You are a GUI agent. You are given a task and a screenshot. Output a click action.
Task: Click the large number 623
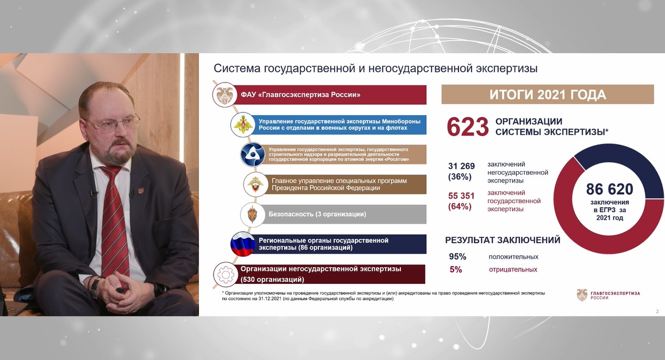[468, 127]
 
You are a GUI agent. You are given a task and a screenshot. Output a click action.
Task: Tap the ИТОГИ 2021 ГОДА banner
[548, 94]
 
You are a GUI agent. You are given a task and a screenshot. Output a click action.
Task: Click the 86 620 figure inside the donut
[610, 189]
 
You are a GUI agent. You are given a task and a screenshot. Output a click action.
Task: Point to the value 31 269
[461, 166]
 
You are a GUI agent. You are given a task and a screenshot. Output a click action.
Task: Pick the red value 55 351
[461, 196]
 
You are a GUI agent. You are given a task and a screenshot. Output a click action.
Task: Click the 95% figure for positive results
[457, 257]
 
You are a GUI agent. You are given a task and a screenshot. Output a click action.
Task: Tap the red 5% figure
[456, 269]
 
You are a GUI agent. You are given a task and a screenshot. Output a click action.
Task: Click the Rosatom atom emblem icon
[252, 154]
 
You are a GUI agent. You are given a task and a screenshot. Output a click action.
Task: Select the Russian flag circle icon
[243, 244]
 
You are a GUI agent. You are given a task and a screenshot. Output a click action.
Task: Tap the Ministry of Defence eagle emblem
[243, 125]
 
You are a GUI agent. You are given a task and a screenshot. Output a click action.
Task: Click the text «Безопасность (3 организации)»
[317, 214]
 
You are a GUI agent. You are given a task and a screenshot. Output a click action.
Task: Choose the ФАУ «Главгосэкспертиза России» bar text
[300, 95]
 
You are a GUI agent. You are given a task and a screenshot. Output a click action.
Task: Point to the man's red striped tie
[115, 223]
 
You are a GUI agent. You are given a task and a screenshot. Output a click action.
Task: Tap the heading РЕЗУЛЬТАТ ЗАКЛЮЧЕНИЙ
[503, 240]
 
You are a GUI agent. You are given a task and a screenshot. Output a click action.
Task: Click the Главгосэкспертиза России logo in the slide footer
[608, 295]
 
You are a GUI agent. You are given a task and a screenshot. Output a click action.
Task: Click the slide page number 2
[657, 311]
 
